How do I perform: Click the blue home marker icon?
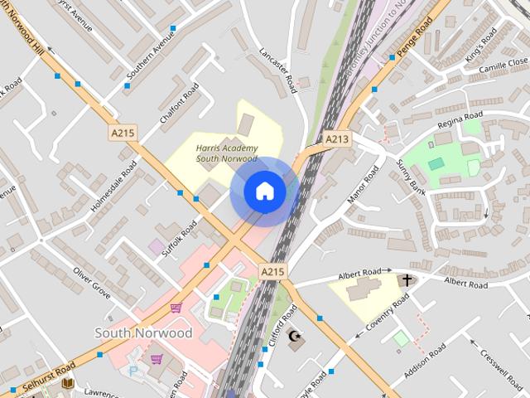[x=264, y=191]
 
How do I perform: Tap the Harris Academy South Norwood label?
[x=227, y=153]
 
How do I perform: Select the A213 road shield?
[x=336, y=139]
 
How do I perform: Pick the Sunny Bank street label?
[x=412, y=172]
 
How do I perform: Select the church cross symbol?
[x=406, y=280]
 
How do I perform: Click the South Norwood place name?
[x=143, y=333]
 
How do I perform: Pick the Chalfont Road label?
[x=180, y=104]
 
